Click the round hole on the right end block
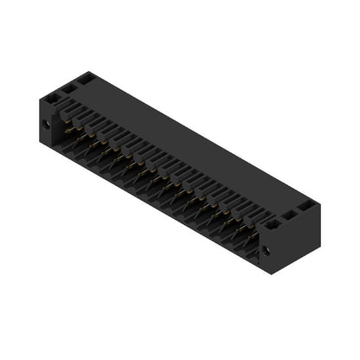click(266, 251)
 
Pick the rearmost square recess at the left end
click(85, 79)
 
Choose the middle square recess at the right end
click(291, 216)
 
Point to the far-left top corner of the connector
click(39, 94)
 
